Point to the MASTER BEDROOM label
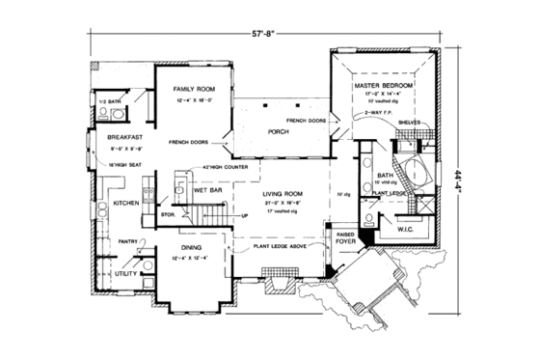point(383,87)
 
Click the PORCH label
point(279,131)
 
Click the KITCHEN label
point(127,204)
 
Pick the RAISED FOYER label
point(345,238)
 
